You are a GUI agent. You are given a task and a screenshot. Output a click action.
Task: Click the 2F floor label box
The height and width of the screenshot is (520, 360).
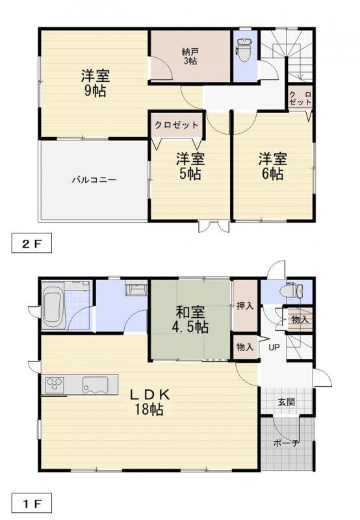pos(31,243)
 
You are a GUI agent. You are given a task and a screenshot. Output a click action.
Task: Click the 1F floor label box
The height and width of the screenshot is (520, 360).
pos(31,503)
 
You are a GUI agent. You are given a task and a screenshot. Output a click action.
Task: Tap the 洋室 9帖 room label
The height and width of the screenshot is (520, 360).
pos(96,83)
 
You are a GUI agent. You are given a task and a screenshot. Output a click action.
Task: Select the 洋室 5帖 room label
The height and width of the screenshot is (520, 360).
pos(190,166)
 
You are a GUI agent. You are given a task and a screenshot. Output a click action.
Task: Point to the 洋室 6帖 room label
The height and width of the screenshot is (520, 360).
pos(273,166)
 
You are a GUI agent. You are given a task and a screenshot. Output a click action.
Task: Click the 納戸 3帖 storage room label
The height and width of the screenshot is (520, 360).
pos(190,57)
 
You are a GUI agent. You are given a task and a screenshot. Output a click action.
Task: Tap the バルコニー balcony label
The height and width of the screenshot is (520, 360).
pos(94,180)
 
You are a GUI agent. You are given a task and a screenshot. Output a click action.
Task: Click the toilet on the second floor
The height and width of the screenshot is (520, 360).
pos(244,50)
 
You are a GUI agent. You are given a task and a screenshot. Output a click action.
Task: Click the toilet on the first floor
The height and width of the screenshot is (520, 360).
pos(291,291)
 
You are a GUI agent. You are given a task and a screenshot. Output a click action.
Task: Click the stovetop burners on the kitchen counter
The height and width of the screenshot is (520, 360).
pos(55,385)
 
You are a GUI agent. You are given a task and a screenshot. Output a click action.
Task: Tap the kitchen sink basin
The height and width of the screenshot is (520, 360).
pos(96,385)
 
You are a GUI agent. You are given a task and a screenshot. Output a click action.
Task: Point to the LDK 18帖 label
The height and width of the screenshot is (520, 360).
pos(149,402)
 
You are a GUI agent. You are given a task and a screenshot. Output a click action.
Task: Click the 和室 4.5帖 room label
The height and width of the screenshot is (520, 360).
pos(190,320)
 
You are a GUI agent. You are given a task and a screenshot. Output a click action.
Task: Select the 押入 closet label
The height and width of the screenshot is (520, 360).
pos(245,306)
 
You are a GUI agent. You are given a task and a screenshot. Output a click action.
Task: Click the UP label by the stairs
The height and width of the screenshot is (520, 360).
pos(274,348)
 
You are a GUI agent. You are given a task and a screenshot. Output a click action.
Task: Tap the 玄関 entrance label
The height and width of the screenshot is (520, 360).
pos(287,402)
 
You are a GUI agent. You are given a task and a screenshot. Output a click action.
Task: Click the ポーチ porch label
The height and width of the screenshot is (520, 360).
pos(287,443)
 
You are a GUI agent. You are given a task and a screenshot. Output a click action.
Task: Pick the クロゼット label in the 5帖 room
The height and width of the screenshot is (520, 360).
pos(177,125)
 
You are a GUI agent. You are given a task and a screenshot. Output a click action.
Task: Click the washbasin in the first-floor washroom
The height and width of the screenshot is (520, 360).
pos(136,289)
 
